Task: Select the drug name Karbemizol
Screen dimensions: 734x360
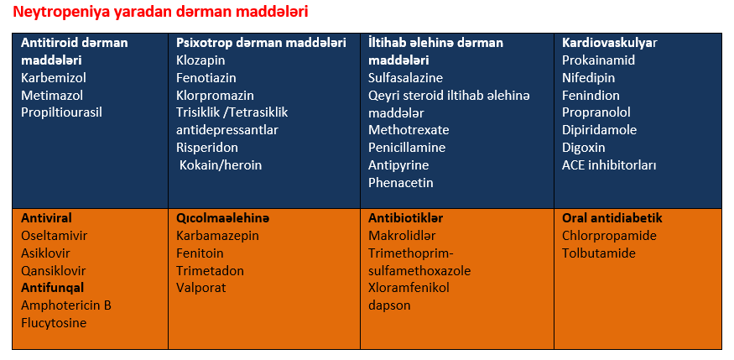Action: pos(54,78)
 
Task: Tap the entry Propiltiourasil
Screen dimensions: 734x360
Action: pos(61,112)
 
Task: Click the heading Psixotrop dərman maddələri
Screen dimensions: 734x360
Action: pos(261,43)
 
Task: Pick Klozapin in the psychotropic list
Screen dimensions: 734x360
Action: pos(200,61)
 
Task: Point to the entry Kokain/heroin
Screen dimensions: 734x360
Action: pos(221,165)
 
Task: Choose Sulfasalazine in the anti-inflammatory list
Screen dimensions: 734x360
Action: pos(405,78)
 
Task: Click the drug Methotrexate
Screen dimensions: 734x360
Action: pos(409,130)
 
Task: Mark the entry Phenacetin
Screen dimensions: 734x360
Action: pos(401,183)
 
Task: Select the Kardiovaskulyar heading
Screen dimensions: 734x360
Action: pos(610,43)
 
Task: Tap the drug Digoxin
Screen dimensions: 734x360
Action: pos(584,148)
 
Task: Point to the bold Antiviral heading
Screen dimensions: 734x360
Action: pos(46,218)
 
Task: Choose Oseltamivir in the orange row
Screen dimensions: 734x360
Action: pos(55,236)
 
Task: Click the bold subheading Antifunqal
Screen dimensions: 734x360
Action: pos(52,288)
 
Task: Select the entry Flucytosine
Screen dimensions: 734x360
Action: pos(54,323)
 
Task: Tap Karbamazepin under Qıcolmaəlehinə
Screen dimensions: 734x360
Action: pos(217,236)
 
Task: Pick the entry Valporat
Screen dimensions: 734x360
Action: pos(201,288)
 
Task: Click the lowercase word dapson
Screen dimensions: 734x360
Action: pos(389,305)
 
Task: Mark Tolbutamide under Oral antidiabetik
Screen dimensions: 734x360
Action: pos(599,253)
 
